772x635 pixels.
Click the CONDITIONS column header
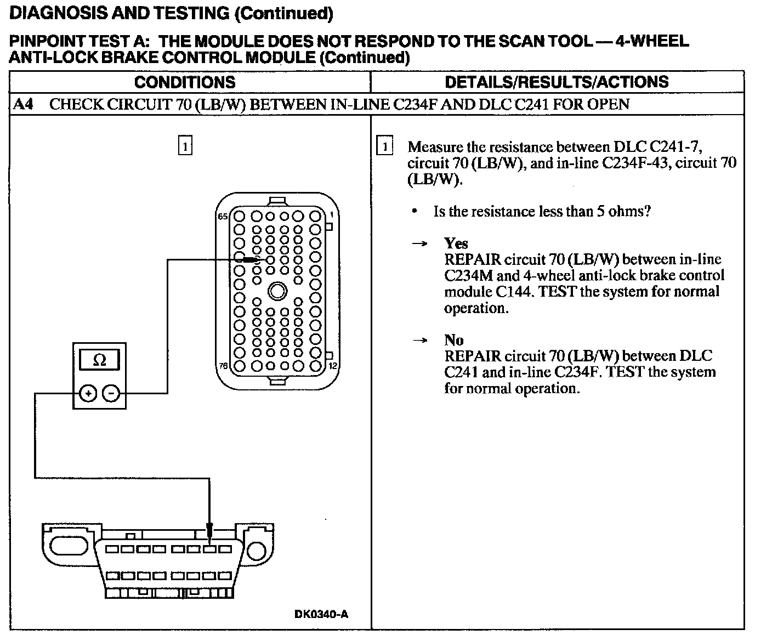[184, 82]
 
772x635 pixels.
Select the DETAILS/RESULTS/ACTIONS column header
[557, 82]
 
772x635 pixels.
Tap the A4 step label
[22, 104]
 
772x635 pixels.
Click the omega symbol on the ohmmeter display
[100, 360]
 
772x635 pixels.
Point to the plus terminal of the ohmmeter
[88, 393]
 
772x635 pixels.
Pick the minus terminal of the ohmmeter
[111, 393]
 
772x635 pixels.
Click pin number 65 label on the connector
[223, 217]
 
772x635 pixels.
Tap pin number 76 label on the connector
[223, 366]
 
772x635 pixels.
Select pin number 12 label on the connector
[332, 366]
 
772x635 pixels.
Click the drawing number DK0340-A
[321, 614]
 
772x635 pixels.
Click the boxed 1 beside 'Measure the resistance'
[386, 146]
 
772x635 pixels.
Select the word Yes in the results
[456, 243]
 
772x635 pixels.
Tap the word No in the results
[453, 340]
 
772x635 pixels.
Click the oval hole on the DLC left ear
[67, 546]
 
